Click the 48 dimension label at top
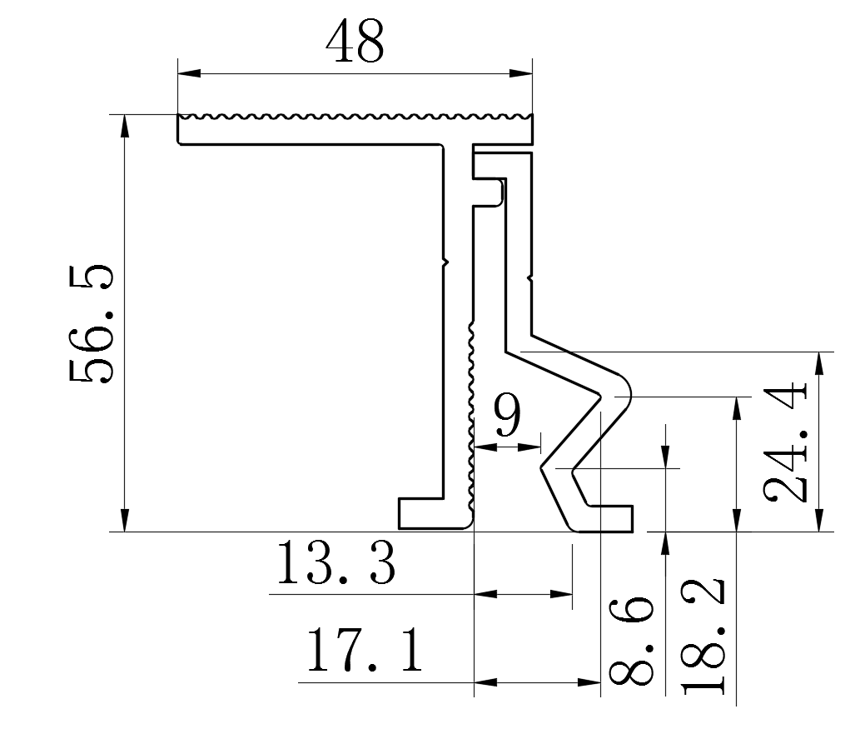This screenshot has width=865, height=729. pos(355,42)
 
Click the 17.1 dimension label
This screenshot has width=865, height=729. pos(364,652)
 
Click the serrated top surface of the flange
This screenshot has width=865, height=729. pos(355,116)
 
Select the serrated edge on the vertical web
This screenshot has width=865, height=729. pos(471,417)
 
